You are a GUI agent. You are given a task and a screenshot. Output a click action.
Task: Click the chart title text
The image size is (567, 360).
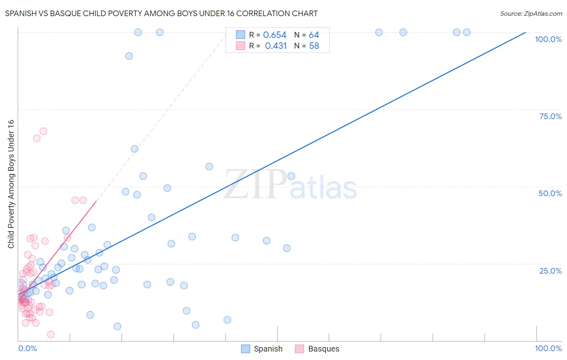161,13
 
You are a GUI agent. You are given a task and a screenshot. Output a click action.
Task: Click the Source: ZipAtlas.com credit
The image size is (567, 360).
531,13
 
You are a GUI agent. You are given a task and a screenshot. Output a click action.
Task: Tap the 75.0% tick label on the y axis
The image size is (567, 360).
550,116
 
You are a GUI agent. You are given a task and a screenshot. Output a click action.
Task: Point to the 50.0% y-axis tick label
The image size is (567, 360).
550,193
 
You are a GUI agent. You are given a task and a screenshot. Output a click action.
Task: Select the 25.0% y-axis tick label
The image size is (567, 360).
550,271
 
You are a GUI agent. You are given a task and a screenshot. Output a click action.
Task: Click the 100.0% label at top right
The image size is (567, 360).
548,39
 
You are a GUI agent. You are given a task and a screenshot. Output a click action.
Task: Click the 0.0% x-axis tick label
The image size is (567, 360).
27,348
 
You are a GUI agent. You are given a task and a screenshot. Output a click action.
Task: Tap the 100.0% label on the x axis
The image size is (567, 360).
548,348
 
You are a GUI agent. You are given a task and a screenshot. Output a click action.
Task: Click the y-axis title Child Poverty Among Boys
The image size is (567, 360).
11,184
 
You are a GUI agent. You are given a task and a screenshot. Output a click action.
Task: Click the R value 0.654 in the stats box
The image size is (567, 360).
275,35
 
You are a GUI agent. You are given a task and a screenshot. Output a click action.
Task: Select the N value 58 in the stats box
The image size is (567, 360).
314,46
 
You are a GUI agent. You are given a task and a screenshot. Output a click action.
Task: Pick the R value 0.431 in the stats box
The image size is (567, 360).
275,46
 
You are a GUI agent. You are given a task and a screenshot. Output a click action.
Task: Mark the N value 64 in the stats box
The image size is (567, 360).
314,35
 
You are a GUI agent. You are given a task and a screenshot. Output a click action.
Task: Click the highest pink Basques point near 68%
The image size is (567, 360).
43,131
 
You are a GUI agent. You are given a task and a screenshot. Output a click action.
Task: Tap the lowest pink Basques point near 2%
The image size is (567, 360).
51,334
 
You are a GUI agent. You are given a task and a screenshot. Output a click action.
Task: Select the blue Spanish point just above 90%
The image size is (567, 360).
129,56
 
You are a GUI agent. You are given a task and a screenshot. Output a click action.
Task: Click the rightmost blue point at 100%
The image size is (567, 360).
467,32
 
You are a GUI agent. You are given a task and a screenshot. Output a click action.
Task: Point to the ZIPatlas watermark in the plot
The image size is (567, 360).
290,185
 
